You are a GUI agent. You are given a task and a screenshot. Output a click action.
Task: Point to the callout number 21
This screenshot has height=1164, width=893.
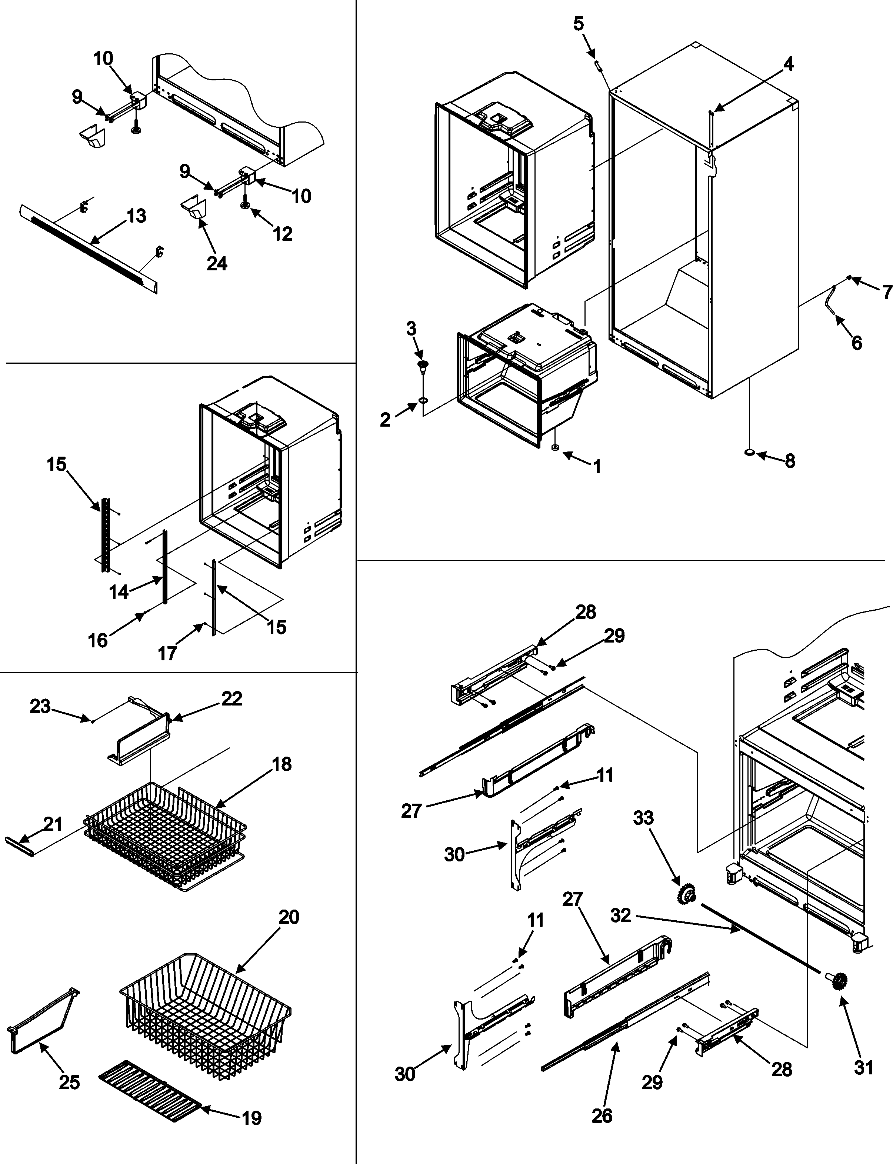click(x=52, y=824)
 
